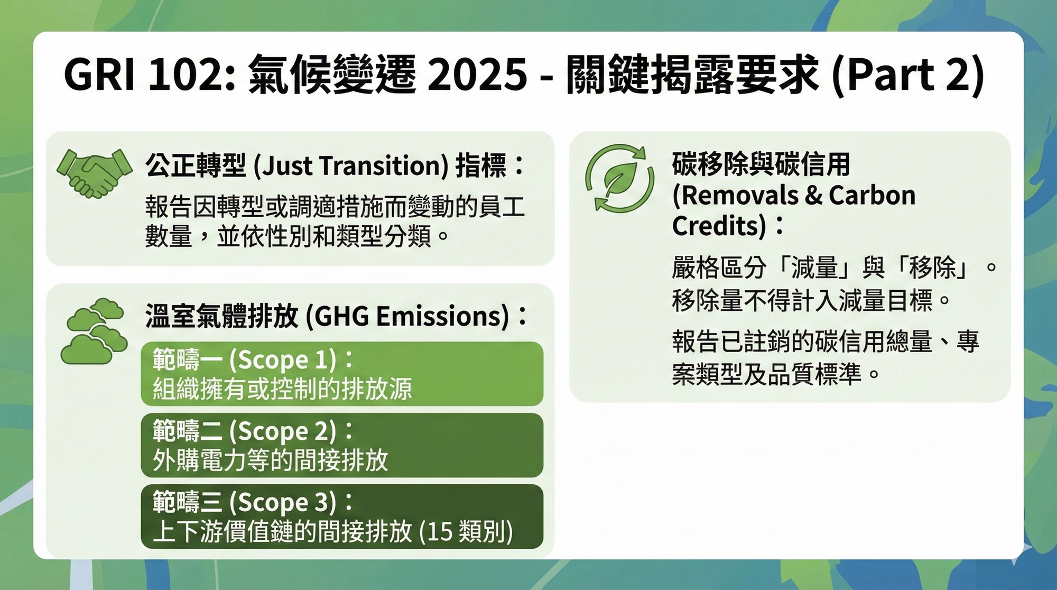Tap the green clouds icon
(x=94, y=331)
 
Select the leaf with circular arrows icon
(x=619, y=179)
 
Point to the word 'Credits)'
(x=719, y=226)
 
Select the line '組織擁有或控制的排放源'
(x=282, y=389)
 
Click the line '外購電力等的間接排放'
(x=271, y=460)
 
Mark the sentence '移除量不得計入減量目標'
(x=802, y=300)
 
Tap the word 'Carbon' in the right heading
(x=872, y=195)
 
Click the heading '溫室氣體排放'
(x=222, y=316)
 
